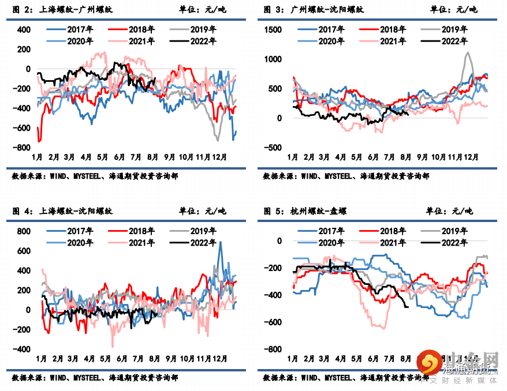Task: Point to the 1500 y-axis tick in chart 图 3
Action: coord(273,29)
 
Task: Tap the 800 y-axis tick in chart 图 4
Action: coord(24,231)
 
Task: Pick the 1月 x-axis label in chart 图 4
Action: coord(42,359)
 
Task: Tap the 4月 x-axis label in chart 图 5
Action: coord(340,359)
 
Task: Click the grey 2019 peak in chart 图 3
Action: coord(467,52)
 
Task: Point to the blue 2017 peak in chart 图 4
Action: coord(219,242)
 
